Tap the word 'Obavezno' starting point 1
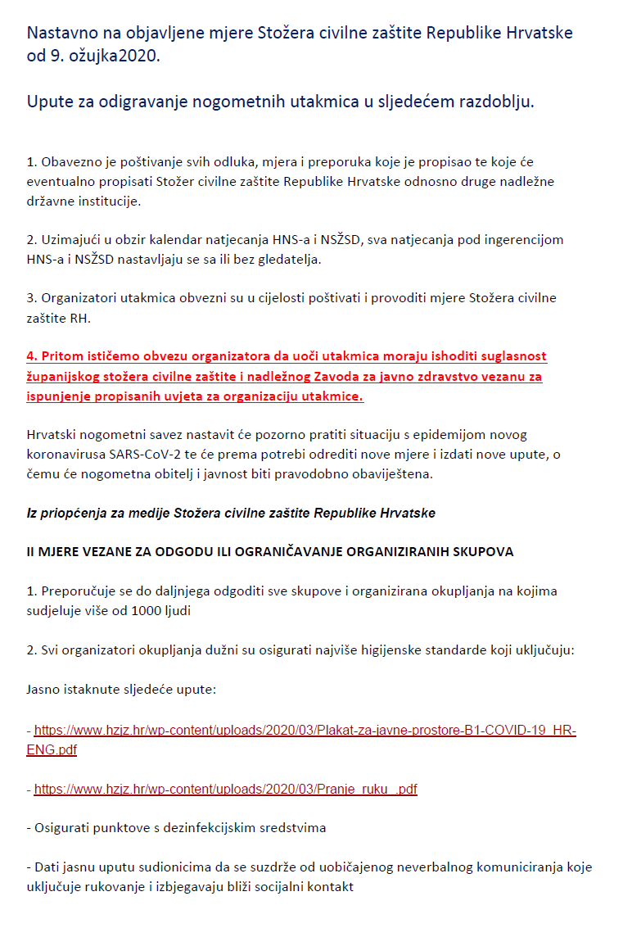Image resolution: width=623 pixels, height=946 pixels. coord(69,162)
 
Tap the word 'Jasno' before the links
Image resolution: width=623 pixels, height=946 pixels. coord(43,689)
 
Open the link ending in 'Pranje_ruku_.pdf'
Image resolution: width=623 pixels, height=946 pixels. coord(225,790)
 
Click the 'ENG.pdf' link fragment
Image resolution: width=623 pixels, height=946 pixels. coord(52,749)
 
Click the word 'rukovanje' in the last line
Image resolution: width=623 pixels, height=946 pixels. coord(113,886)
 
